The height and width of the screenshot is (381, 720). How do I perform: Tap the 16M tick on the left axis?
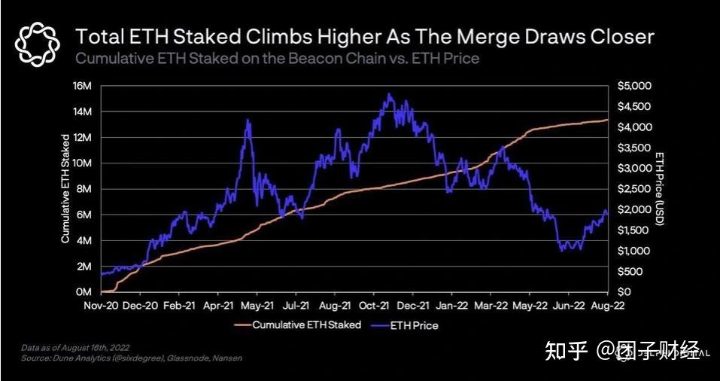click(82, 85)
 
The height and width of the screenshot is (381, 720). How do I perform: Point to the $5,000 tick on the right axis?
click(633, 85)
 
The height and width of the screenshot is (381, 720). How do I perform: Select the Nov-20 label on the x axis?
click(101, 306)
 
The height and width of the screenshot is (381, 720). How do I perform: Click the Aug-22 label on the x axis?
click(607, 306)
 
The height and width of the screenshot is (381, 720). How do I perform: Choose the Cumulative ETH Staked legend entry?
click(298, 325)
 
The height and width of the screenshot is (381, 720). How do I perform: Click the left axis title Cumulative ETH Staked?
click(65, 188)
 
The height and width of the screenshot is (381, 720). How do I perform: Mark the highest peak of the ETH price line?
click(388, 94)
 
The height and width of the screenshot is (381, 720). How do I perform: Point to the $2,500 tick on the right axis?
click(633, 188)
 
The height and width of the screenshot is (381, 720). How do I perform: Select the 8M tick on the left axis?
click(85, 188)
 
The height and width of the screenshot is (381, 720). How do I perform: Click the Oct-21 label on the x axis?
click(374, 306)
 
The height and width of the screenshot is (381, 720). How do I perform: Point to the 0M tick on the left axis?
click(85, 291)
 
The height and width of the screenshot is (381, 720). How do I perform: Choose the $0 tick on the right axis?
click(624, 291)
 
